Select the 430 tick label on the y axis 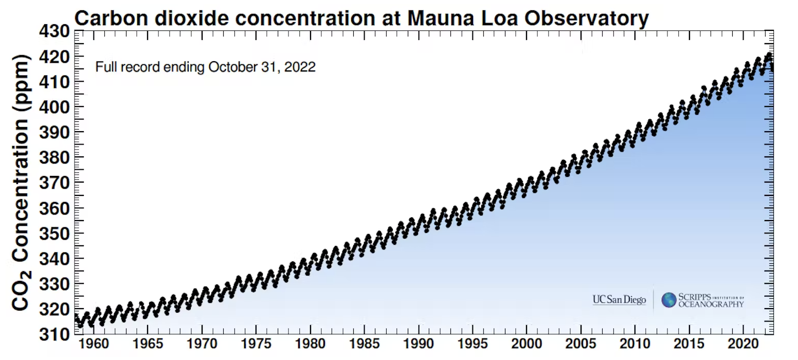click(54, 32)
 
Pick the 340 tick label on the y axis click(54, 259)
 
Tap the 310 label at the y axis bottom click(54, 334)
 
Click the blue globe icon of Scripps click(668, 300)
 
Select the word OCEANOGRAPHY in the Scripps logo click(711, 304)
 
